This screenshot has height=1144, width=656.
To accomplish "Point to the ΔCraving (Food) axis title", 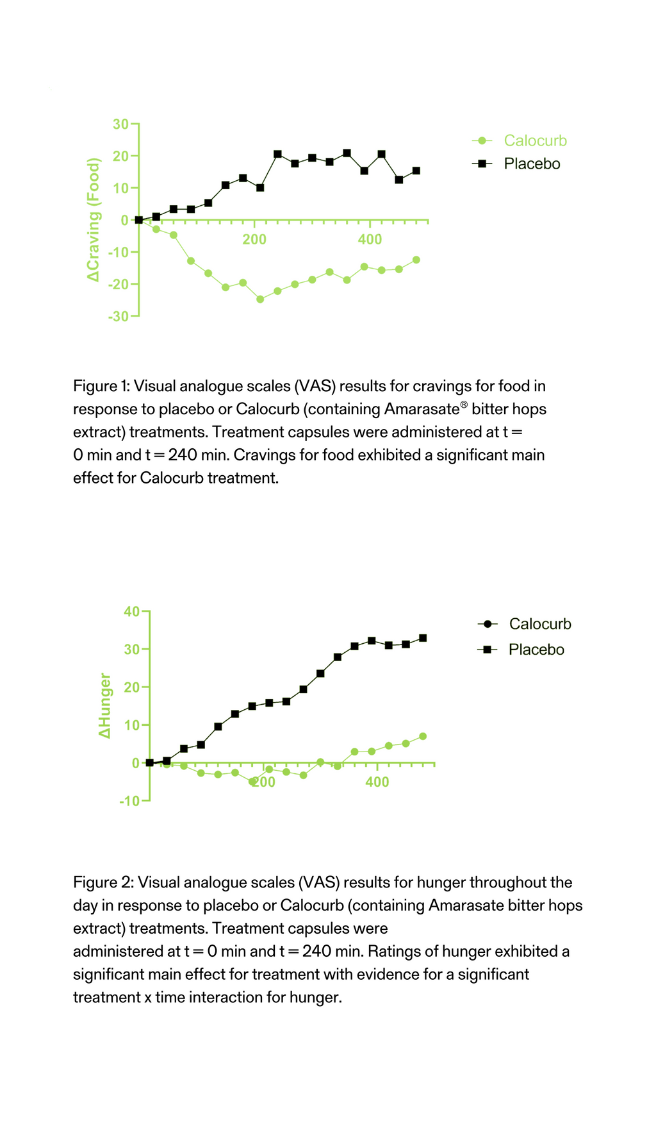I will click(x=94, y=219).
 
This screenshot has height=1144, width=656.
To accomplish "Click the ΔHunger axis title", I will click(x=104, y=705).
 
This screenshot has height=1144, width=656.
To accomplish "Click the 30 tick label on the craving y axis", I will click(x=120, y=124).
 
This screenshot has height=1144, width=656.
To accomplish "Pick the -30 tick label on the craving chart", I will click(x=118, y=316).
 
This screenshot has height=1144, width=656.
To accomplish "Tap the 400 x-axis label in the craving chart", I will click(x=370, y=240).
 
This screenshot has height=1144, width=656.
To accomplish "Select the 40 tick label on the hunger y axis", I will click(x=131, y=611).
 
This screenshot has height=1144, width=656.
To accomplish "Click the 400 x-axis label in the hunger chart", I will click(x=377, y=782).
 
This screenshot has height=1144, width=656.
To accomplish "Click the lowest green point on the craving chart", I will click(x=260, y=299).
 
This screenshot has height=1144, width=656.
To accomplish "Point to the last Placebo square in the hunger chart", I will click(x=423, y=638).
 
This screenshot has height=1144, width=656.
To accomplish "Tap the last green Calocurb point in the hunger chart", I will click(x=423, y=736).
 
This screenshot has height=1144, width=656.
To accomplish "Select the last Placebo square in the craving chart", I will click(x=416, y=171).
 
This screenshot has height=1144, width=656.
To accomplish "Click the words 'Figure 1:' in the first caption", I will click(x=101, y=386).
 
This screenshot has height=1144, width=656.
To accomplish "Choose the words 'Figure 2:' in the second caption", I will click(x=103, y=882).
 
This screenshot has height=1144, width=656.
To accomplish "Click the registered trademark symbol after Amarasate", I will click(x=464, y=405).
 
